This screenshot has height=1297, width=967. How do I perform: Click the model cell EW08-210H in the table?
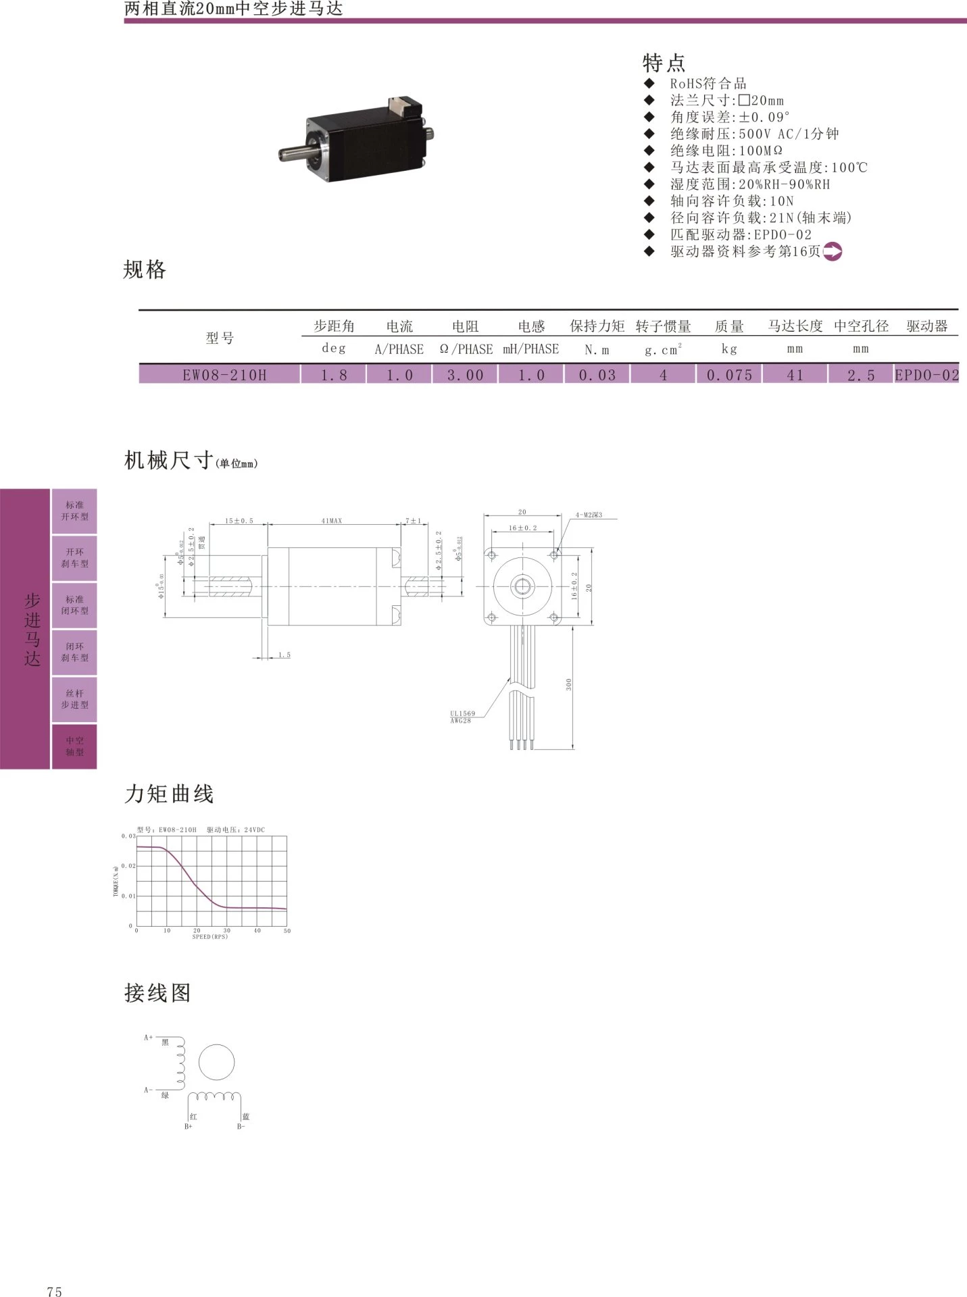click(224, 375)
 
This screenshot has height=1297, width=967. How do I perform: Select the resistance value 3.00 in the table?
click(466, 375)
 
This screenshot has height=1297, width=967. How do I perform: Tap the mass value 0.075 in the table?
click(729, 375)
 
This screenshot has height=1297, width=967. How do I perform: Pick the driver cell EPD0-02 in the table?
click(926, 375)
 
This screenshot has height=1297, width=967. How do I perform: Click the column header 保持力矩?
click(597, 326)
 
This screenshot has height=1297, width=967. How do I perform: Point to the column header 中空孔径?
click(861, 326)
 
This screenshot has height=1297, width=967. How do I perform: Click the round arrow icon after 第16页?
click(833, 252)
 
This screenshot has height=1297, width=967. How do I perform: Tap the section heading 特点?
click(664, 63)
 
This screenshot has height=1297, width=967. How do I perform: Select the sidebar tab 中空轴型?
click(75, 746)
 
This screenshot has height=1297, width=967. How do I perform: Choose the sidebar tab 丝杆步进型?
click(75, 699)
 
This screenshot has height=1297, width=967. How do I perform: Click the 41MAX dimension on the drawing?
click(332, 521)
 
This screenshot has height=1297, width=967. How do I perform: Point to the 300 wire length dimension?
click(569, 684)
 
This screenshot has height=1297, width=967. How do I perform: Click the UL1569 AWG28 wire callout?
click(462, 717)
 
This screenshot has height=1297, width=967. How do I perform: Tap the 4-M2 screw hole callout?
click(589, 515)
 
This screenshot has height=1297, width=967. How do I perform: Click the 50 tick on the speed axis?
click(287, 931)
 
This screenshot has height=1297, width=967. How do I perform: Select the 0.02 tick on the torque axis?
click(128, 866)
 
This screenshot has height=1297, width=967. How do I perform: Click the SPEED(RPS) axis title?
click(210, 937)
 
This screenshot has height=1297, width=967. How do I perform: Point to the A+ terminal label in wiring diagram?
click(148, 1038)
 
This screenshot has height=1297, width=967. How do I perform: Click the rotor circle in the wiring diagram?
click(216, 1063)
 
